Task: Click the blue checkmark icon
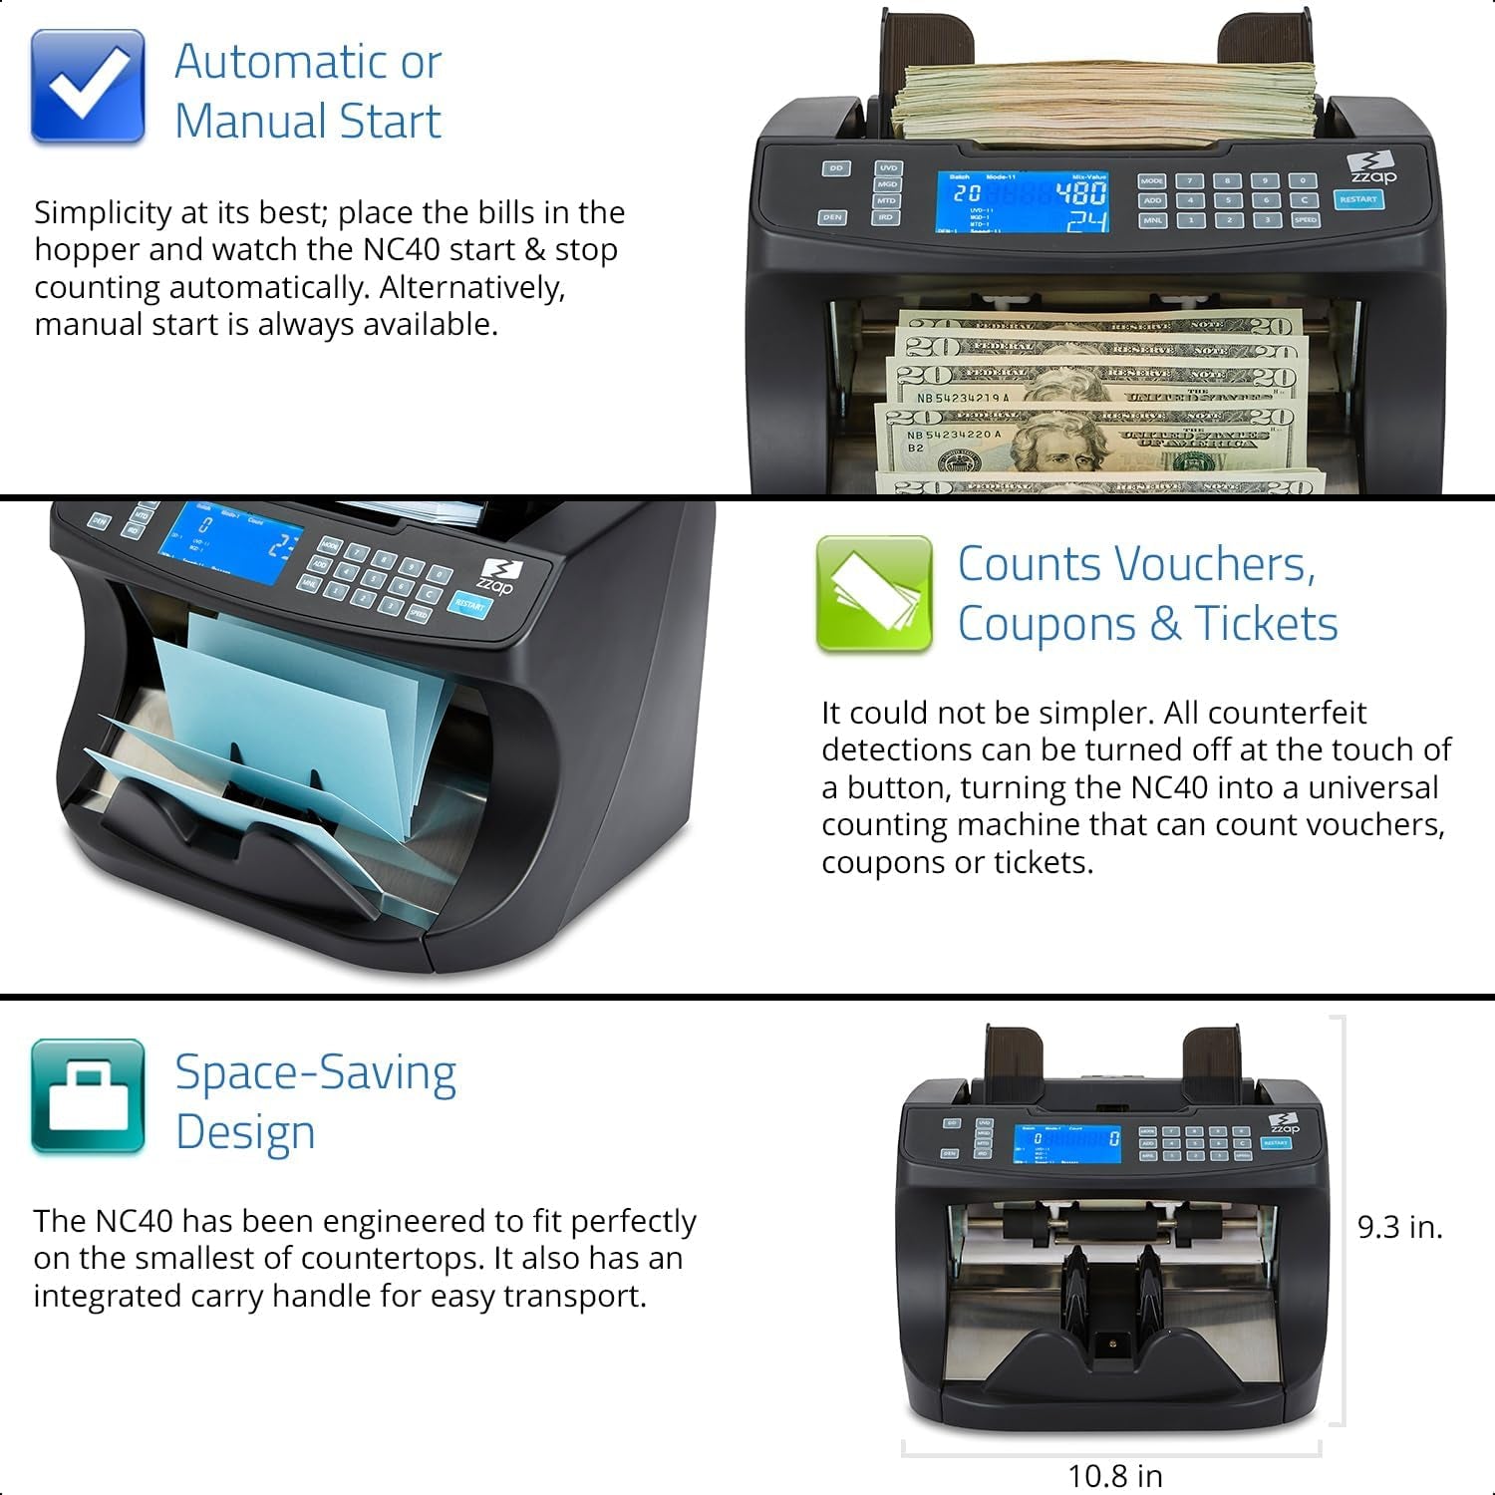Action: [88, 87]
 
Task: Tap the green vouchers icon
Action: [874, 594]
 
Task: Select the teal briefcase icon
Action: [88, 1096]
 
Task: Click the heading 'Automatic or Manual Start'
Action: [308, 92]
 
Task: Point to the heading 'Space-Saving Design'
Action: [315, 1102]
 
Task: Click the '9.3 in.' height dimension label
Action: [1399, 1227]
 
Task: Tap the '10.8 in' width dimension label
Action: [1114, 1475]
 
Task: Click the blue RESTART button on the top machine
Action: [1357, 199]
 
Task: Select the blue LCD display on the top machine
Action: [1024, 202]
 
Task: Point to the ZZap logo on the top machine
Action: [1371, 167]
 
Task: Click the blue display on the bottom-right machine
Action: [1066, 1143]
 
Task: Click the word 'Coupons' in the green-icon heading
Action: [1046, 625]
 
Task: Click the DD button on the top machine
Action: [835, 168]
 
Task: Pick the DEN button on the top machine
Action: [832, 216]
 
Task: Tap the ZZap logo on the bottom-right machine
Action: [1283, 1123]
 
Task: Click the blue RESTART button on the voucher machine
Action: [469, 604]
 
